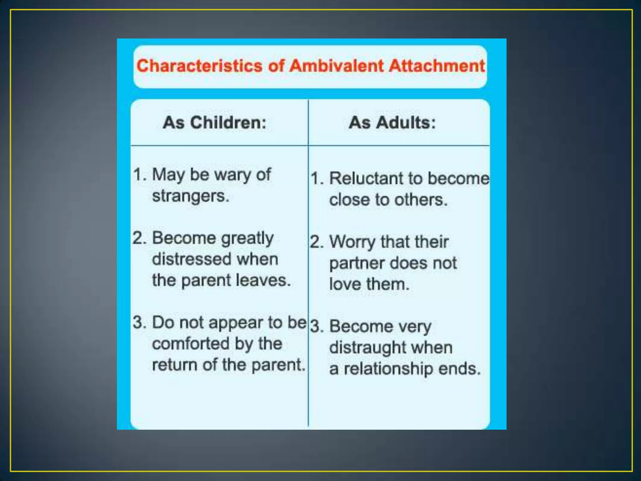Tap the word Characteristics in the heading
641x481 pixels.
pyautogui.click(x=199, y=66)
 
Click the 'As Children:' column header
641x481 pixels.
pyautogui.click(x=214, y=122)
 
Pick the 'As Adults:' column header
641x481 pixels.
pyautogui.click(x=392, y=122)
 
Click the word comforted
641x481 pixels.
pyautogui.click(x=191, y=344)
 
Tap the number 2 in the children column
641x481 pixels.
pyautogui.click(x=139, y=238)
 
